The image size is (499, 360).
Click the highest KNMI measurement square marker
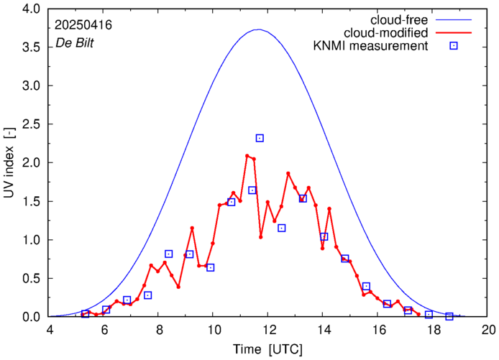click(x=260, y=138)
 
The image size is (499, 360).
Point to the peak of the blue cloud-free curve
click(x=258, y=29)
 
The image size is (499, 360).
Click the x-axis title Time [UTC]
click(x=268, y=349)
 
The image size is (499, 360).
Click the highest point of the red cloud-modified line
click(x=247, y=155)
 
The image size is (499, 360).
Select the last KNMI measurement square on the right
click(x=449, y=316)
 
